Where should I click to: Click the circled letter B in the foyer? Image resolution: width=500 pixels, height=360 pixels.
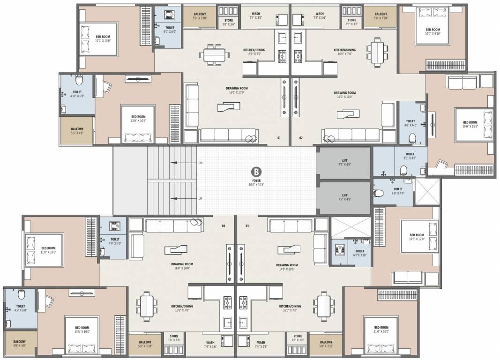(256, 171)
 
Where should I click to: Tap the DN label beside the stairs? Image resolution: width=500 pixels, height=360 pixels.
(200, 163)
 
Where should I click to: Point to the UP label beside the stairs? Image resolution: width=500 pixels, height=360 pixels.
(200, 199)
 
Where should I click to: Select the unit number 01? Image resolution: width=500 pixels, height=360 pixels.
(279, 138)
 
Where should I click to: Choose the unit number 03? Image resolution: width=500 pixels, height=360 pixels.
(247, 226)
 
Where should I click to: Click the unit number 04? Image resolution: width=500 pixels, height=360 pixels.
(224, 226)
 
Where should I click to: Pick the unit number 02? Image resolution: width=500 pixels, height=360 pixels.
(301, 138)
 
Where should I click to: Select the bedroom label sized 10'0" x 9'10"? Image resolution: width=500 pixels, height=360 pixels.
(432, 31)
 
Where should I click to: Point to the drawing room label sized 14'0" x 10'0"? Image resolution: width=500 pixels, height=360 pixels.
(287, 267)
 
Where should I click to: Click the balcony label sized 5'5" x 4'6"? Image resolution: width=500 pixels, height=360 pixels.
(77, 131)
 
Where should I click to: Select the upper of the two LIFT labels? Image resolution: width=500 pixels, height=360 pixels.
(344, 162)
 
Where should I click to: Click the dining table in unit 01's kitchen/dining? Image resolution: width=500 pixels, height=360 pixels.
(216, 54)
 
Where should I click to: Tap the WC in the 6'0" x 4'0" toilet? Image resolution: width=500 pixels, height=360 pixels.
(380, 192)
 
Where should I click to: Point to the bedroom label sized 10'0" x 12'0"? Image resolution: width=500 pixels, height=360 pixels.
(417, 237)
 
